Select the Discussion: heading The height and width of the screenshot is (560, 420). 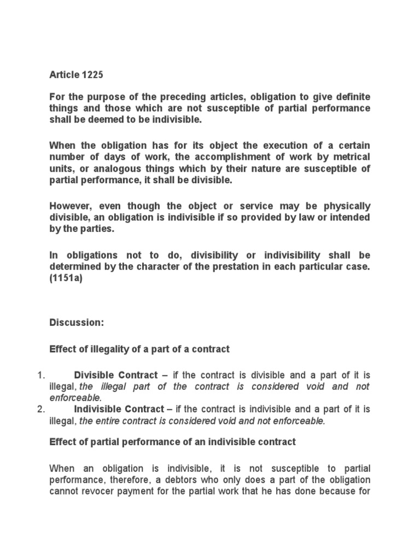tap(76, 323)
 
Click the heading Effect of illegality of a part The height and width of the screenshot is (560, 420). tap(139, 349)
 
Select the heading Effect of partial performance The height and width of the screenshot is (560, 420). tap(172, 442)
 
